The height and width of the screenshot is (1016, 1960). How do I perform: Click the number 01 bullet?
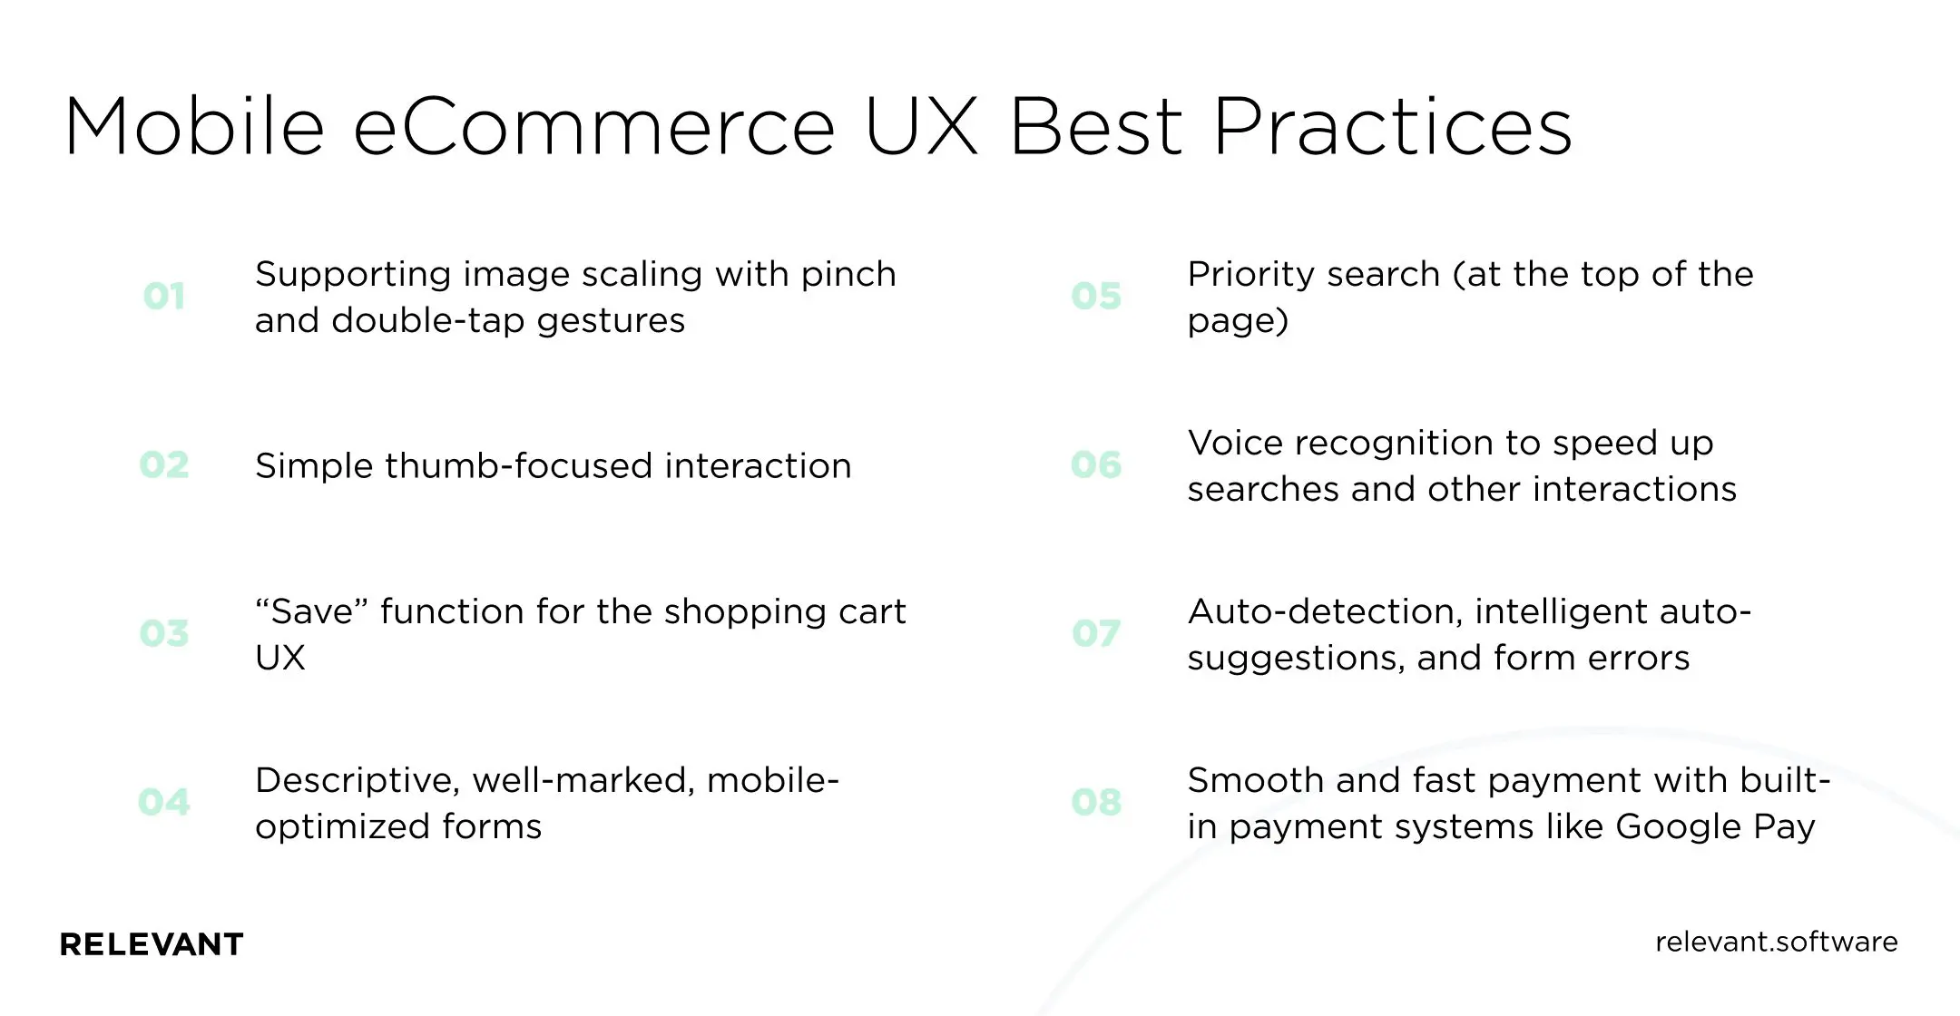(164, 297)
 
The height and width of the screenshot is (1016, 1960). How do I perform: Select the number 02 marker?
(164, 465)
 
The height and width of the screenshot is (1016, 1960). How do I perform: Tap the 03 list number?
(164, 633)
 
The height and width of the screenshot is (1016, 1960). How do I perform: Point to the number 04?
(164, 802)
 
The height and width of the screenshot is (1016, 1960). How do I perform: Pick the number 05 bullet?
(1096, 297)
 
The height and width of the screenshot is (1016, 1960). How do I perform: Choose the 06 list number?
(1096, 465)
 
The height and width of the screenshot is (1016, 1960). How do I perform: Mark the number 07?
(1096, 633)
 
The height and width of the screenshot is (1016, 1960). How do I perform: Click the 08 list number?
(1096, 802)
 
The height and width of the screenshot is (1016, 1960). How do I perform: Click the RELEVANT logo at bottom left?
(152, 944)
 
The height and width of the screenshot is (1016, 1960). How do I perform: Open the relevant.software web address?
(1776, 942)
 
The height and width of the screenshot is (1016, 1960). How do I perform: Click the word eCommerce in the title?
(594, 127)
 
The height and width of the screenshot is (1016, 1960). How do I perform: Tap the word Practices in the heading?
(1392, 127)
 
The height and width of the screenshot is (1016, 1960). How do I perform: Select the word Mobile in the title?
(194, 127)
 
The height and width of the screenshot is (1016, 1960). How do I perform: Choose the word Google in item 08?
(1678, 827)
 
